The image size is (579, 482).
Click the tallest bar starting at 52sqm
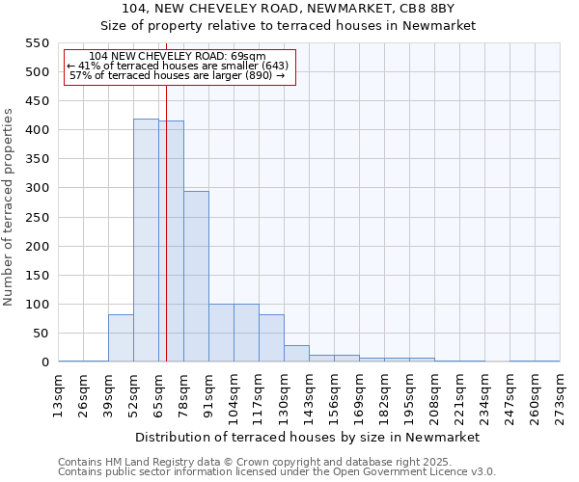pyautogui.click(x=146, y=241)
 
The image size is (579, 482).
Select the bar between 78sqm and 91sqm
pyautogui.click(x=196, y=277)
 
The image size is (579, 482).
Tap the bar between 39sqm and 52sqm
pyautogui.click(x=121, y=338)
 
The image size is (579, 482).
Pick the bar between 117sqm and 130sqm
pyautogui.click(x=271, y=338)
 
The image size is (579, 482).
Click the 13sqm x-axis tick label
pyautogui.click(x=59, y=395)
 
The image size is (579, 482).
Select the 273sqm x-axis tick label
pyautogui.click(x=561, y=395)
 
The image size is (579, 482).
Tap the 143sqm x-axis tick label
pyautogui.click(x=310, y=395)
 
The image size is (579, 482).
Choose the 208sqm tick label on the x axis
pyautogui.click(x=435, y=395)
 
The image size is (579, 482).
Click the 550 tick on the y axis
pyautogui.click(x=36, y=43)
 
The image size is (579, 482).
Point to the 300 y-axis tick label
pyautogui.click(x=36, y=188)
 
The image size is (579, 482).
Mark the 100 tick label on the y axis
pyautogui.click(x=36, y=305)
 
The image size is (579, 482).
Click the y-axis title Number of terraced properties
pyautogui.click(x=10, y=207)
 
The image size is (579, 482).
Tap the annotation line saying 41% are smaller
pyautogui.click(x=178, y=66)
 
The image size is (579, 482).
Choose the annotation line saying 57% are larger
pyautogui.click(x=178, y=75)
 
